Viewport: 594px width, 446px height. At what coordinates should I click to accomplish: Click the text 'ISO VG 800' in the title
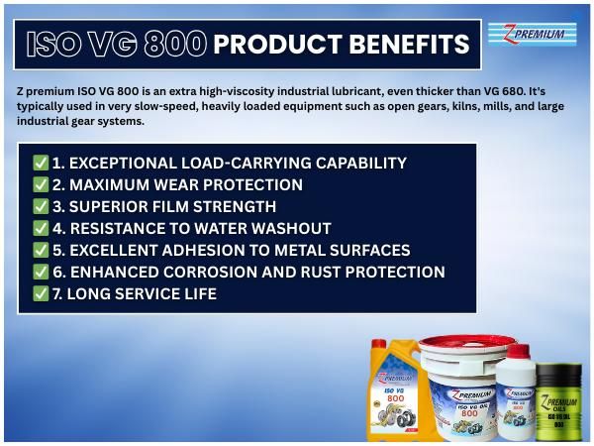(x=116, y=44)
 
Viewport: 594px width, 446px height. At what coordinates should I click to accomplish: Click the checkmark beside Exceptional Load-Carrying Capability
(x=41, y=163)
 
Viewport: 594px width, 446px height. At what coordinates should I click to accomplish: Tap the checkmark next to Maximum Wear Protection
(x=41, y=184)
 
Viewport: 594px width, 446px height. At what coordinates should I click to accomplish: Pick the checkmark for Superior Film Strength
(x=41, y=206)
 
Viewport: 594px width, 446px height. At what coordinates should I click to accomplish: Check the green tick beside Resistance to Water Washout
(x=41, y=228)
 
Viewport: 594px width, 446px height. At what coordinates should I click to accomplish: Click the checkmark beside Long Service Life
(x=41, y=293)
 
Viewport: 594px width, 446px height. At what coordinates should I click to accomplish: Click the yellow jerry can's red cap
(x=377, y=345)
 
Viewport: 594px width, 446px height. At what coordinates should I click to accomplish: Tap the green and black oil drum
(x=558, y=401)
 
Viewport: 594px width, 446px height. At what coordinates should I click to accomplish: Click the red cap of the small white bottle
(x=518, y=351)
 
